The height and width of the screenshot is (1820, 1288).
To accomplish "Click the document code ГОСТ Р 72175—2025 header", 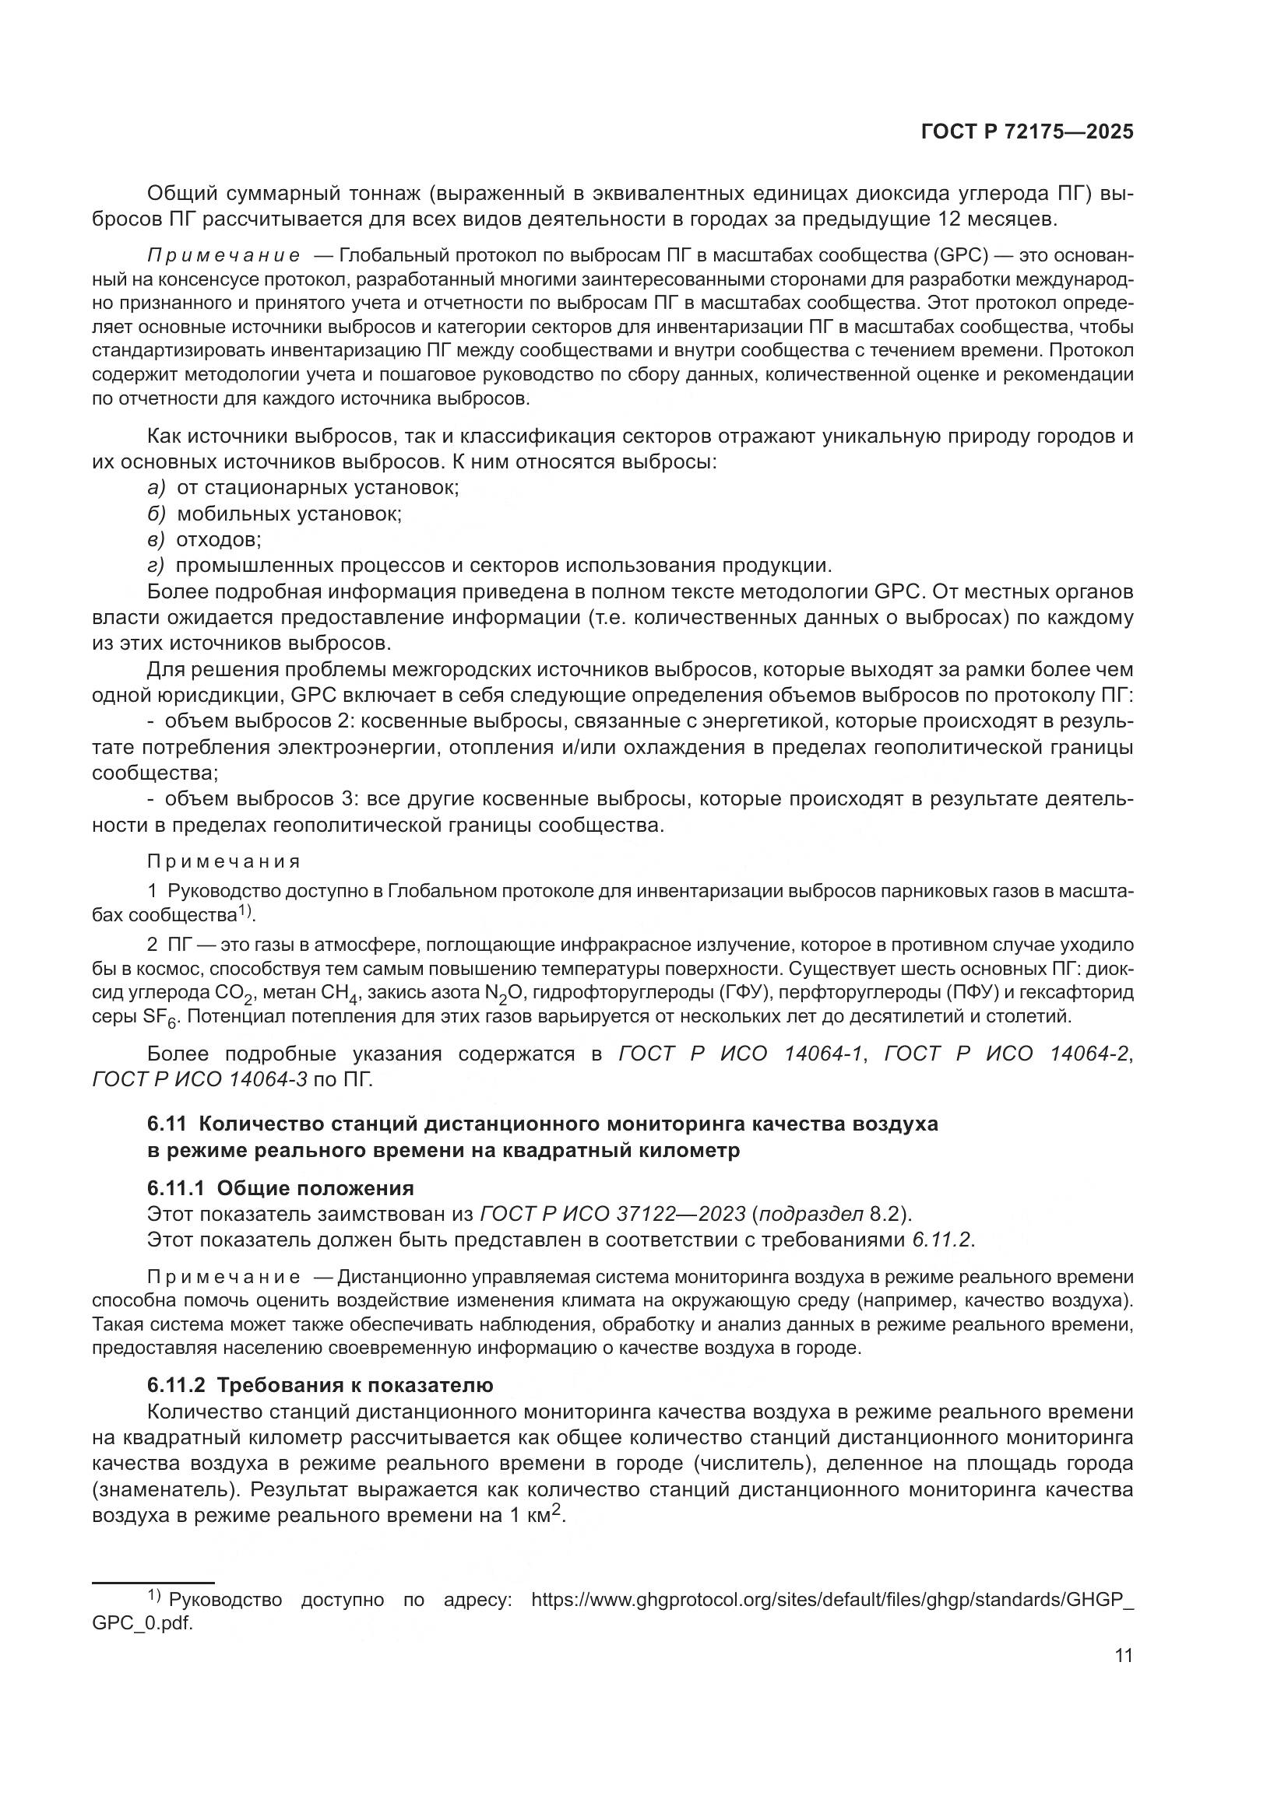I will (x=1026, y=132).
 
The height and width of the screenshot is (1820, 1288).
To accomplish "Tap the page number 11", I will (x=1123, y=1655).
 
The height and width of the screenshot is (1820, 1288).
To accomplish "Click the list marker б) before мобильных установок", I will (x=156, y=514).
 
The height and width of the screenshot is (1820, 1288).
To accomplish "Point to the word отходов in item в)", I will (x=218, y=540).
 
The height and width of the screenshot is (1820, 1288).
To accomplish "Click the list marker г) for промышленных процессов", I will (x=156, y=566).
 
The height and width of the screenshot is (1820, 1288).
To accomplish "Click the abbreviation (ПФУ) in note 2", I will (x=915, y=992).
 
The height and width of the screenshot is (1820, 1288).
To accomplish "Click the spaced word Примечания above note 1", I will (x=223, y=861).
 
